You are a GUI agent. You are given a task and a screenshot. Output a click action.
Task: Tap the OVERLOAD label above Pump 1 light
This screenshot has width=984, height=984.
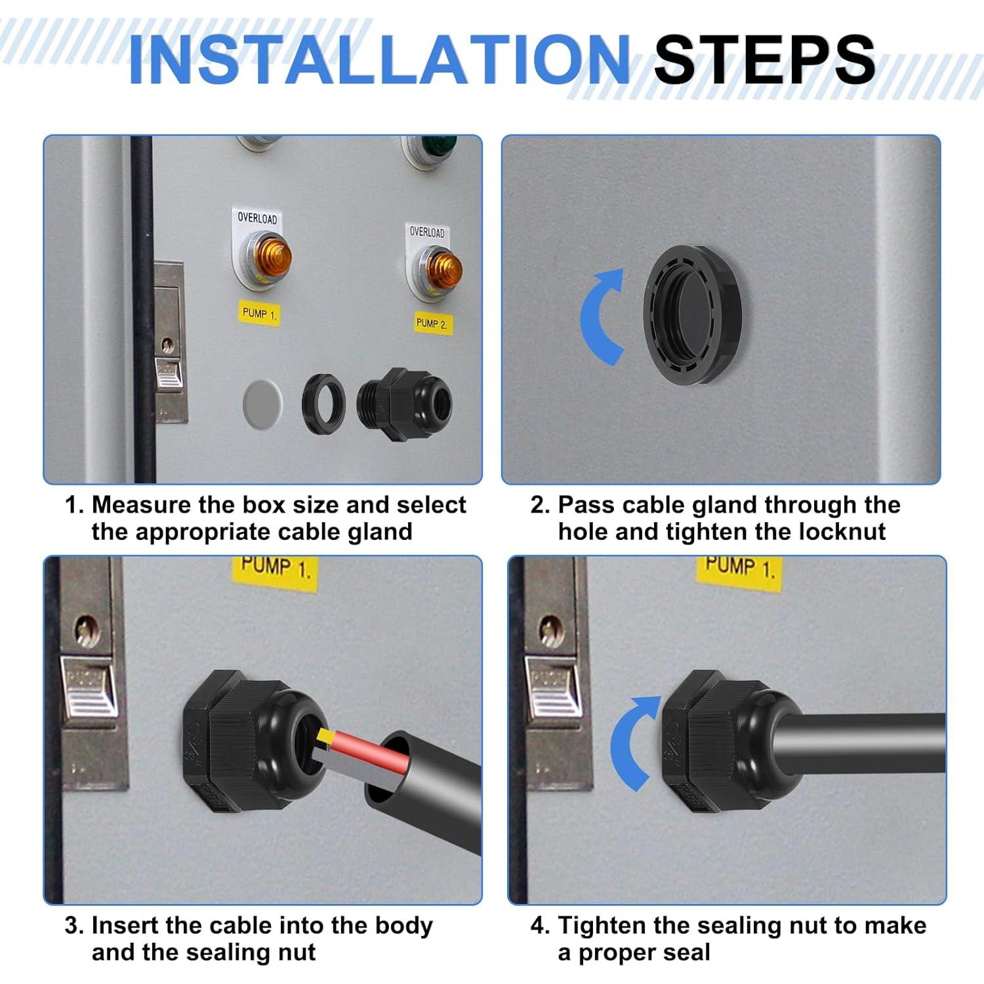[x=257, y=218]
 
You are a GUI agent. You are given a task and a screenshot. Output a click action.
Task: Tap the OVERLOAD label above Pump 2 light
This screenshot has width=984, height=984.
[x=427, y=232]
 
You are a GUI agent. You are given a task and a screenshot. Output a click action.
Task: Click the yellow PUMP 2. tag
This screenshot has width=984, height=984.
[x=432, y=323]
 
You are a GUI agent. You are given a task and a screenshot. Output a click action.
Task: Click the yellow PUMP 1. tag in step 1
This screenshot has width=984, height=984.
[x=260, y=313]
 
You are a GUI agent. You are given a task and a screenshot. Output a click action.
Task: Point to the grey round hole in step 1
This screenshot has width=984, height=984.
[x=262, y=403]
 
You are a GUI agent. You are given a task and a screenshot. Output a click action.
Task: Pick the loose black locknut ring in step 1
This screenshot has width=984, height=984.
[x=323, y=403]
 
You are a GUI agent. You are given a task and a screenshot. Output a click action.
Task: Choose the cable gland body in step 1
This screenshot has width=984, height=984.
[x=405, y=403]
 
